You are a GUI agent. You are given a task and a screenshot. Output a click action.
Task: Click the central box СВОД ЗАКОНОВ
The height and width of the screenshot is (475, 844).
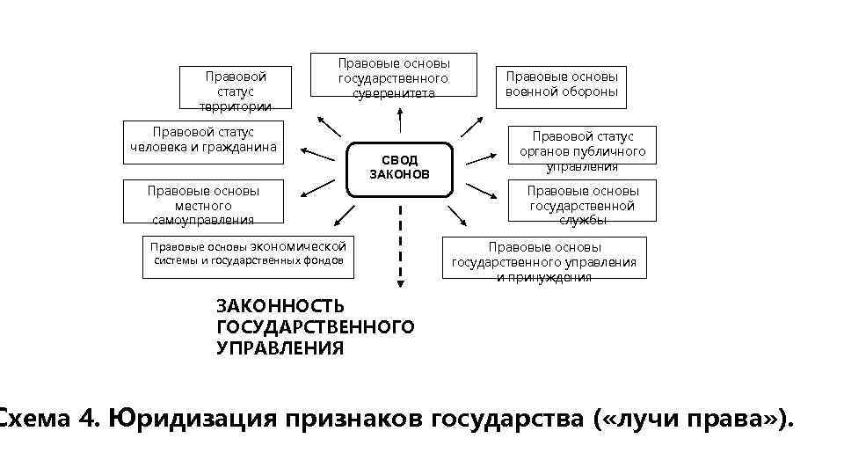[400, 167]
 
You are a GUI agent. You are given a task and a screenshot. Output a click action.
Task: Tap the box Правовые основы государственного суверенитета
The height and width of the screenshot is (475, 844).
[393, 77]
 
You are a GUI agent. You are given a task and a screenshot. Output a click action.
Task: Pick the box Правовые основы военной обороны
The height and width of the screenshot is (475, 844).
[561, 84]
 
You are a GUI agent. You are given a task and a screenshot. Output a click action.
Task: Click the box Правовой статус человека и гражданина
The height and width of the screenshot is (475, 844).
[203, 140]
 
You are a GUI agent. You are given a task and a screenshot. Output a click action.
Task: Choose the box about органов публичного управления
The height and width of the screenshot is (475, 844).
[582, 150]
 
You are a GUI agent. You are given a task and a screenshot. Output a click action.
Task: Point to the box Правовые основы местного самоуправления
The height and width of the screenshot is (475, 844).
[203, 204]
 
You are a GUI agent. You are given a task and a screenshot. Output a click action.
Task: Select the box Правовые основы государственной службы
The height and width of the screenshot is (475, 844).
[582, 204]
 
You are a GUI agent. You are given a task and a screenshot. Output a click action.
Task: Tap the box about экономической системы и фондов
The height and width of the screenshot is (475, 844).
[249, 256]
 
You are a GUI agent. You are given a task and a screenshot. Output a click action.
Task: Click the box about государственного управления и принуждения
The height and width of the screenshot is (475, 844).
[543, 258]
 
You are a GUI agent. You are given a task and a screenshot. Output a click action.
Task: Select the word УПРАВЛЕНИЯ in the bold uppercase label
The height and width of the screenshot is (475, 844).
[280, 348]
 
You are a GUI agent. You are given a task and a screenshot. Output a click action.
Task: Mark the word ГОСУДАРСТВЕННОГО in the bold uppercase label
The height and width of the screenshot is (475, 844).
[315, 327]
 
